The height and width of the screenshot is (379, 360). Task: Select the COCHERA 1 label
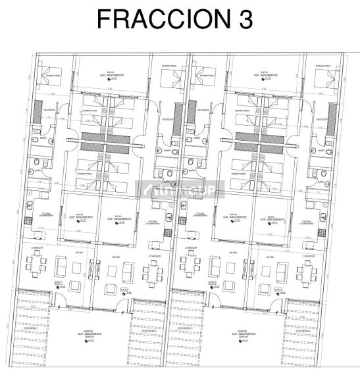(33, 293)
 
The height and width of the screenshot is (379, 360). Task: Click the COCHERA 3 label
(186, 293)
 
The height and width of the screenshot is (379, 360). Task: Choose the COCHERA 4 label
(302, 293)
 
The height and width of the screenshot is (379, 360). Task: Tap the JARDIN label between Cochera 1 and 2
(91, 334)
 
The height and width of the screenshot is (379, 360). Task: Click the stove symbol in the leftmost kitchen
(29, 222)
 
